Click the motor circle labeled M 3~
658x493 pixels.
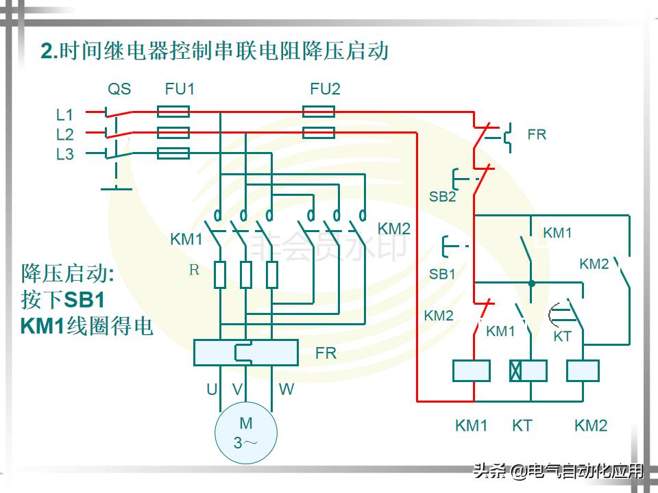245,433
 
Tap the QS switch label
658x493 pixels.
119,89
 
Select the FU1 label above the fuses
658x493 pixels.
180,89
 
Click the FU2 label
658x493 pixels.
325,89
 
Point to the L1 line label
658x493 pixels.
64,114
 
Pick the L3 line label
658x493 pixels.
64,155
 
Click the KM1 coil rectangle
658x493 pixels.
472,370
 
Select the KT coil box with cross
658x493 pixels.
528,370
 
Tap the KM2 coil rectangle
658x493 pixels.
583,370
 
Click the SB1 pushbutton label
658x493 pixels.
442,274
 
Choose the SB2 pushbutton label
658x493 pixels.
442,197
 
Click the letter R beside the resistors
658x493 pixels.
194,270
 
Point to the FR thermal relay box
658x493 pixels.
245,352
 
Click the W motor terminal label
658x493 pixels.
286,390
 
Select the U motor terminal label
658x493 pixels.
212,390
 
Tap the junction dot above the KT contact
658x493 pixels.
531,282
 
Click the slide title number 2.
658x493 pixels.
47,51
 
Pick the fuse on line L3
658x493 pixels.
173,153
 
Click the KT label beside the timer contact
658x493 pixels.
562,336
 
